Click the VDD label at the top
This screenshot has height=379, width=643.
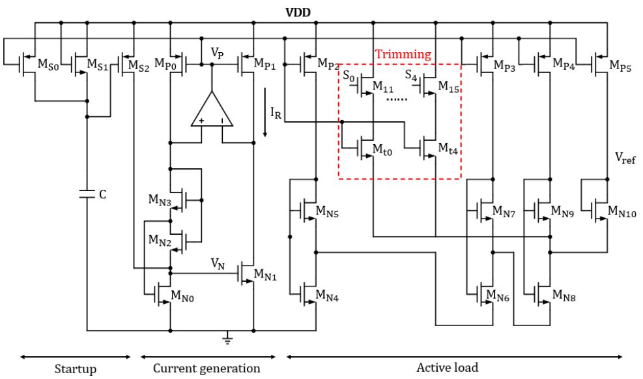pyautogui.click(x=298, y=12)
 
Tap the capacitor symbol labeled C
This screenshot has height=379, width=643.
pyautogui.click(x=87, y=194)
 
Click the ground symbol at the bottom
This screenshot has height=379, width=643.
pyautogui.click(x=228, y=339)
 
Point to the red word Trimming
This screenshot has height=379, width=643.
pyautogui.click(x=403, y=55)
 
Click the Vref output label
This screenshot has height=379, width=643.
pyautogui.click(x=625, y=158)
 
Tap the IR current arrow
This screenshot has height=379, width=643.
pyautogui.click(x=265, y=112)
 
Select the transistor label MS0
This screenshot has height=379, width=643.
pyautogui.click(x=48, y=65)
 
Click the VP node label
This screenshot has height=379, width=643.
pyautogui.click(x=218, y=53)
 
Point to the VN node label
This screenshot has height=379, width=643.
pyautogui.click(x=218, y=264)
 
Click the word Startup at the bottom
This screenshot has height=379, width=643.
pyautogui.click(x=76, y=369)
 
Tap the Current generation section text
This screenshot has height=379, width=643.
pyautogui.click(x=207, y=369)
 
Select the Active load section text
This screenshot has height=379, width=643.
pyautogui.click(x=448, y=367)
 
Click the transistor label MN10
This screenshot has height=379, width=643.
pyautogui.click(x=622, y=211)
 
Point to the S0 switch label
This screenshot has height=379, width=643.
pyautogui.click(x=349, y=76)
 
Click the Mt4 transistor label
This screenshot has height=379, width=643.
pyautogui.click(x=448, y=148)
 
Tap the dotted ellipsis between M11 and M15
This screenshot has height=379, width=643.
pyautogui.click(x=397, y=99)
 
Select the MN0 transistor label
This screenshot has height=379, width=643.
pyautogui.click(x=182, y=296)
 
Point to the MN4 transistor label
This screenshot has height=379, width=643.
pyautogui.click(x=327, y=296)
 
